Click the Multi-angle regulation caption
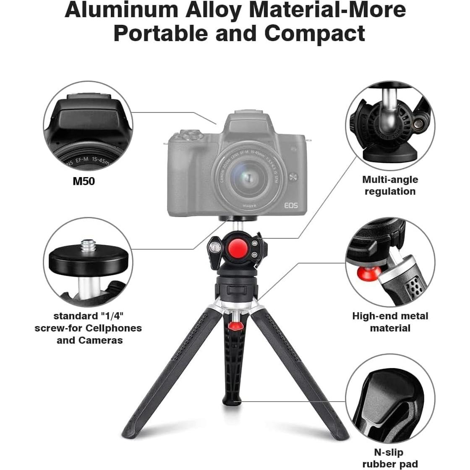click(x=390, y=185)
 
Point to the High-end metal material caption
click(x=390, y=322)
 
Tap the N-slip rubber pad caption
click(x=390, y=458)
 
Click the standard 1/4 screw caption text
click(x=88, y=328)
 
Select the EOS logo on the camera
click(x=291, y=205)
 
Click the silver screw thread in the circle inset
click(x=89, y=245)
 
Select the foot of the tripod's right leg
click(x=341, y=434)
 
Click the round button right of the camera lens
click(x=294, y=176)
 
